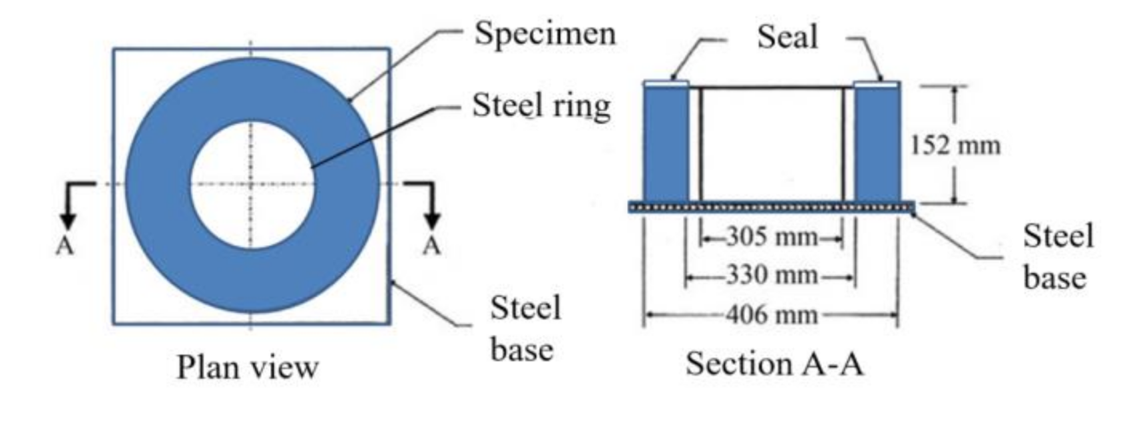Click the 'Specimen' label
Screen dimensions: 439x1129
point(545,33)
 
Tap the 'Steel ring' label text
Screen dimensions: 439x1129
point(541,106)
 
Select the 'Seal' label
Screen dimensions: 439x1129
point(787,37)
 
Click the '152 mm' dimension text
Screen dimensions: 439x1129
point(955,145)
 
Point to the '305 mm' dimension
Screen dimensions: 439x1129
point(772,236)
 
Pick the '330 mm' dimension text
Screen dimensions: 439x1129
point(772,274)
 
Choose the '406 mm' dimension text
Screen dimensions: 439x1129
point(772,314)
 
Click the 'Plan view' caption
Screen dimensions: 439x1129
point(247,367)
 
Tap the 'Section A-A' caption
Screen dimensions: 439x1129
point(774,364)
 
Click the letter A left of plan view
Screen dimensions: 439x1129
point(65,246)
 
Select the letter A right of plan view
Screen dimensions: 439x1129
point(432,246)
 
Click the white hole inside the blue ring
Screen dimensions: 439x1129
point(252,185)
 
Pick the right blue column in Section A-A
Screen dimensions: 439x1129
point(877,143)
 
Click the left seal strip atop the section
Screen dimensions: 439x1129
point(666,83)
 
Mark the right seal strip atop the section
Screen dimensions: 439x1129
point(877,83)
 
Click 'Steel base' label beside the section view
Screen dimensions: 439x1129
point(1057,256)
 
